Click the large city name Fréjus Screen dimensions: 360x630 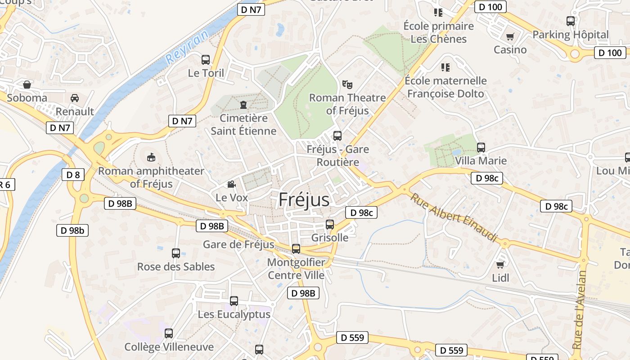(304, 199)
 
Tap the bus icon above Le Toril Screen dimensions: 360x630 (206, 59)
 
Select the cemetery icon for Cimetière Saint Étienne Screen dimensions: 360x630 (243, 105)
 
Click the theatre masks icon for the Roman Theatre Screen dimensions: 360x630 (347, 84)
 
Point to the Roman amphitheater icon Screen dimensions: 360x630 (151, 157)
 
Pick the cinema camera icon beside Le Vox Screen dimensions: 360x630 (231, 184)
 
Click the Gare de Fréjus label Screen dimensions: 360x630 (238, 244)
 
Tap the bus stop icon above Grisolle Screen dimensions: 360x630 (330, 224)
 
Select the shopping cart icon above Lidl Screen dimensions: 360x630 (500, 265)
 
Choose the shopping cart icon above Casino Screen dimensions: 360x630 (510, 36)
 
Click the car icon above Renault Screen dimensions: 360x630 (75, 98)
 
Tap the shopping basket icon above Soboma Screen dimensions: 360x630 (27, 84)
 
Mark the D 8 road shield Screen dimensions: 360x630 (73, 175)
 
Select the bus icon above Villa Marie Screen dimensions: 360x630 (481, 147)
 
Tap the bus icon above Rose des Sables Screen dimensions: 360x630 (176, 253)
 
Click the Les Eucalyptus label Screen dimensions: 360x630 (234, 314)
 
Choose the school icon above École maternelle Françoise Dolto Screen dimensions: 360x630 (445, 67)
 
